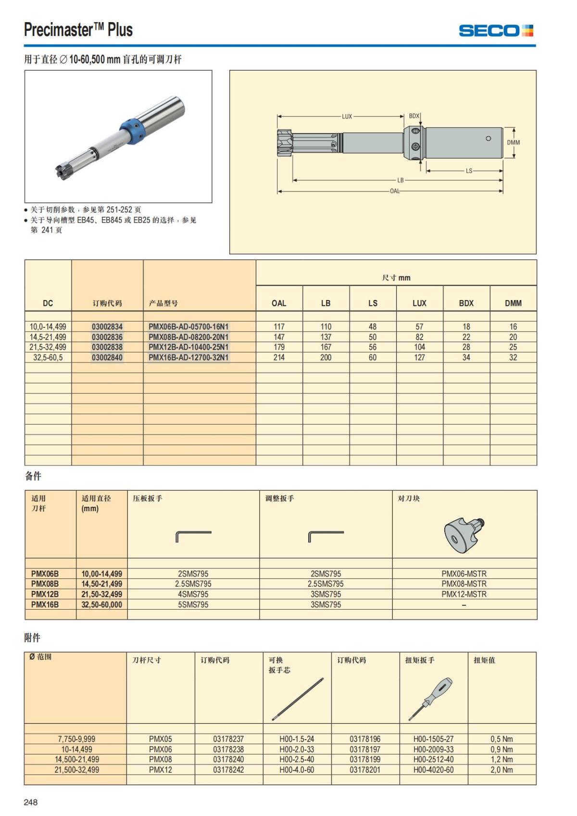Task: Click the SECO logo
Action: [x=496, y=31]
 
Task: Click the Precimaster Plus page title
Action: [x=78, y=30]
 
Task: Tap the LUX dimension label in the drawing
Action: [x=347, y=116]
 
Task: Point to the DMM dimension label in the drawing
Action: [x=513, y=142]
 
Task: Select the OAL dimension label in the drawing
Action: [x=394, y=191]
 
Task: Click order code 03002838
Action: [x=107, y=347]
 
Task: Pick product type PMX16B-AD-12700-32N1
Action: [x=188, y=358]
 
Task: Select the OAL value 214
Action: [x=279, y=358]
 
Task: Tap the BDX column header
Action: [x=466, y=303]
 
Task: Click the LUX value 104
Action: [x=419, y=347]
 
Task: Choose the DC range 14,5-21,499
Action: [x=48, y=337]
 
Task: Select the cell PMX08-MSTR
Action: [x=464, y=584]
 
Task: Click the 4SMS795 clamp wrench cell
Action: [x=193, y=594]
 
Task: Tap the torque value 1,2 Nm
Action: [x=502, y=760]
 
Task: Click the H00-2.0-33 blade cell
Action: [x=297, y=750]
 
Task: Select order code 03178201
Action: [x=364, y=770]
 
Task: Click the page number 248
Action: [x=31, y=802]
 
